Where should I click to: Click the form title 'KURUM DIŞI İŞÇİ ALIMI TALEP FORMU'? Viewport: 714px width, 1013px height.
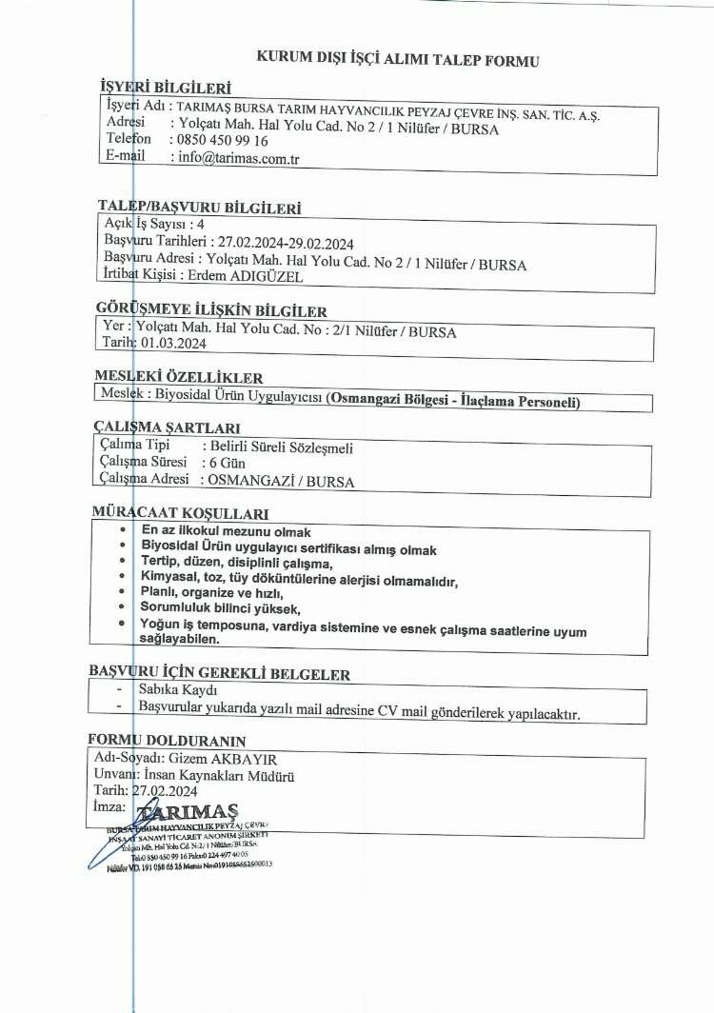[398, 60]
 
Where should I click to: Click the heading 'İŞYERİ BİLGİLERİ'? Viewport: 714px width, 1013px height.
[166, 89]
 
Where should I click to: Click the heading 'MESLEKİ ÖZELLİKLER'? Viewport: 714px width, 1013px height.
[179, 377]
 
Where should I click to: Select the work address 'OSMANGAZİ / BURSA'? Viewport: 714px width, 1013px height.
[280, 482]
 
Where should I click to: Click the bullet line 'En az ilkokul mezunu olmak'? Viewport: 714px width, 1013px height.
[226, 530]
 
